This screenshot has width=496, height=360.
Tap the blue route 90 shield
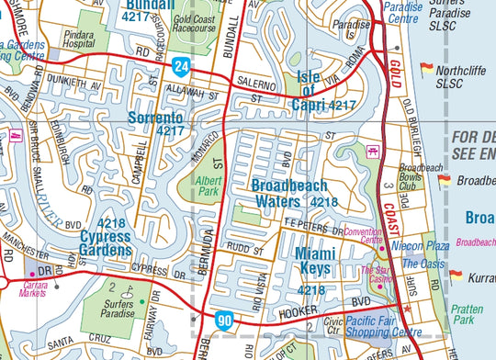tap(225, 320)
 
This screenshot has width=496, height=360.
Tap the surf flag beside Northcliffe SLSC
tap(426, 68)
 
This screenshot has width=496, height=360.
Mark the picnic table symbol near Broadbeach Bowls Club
tap(374, 151)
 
